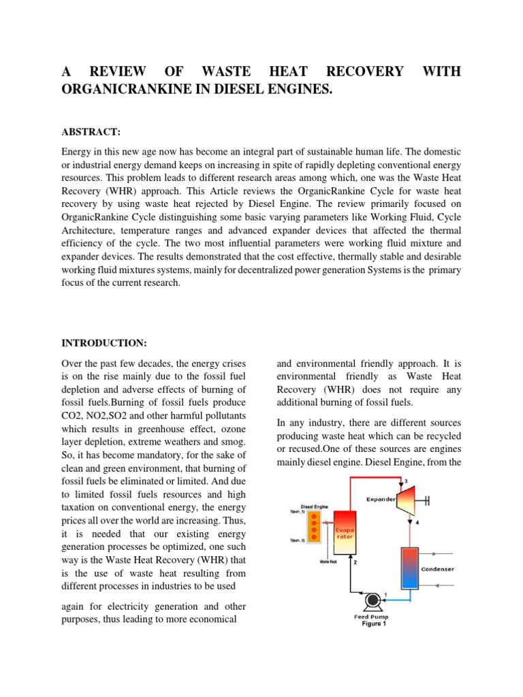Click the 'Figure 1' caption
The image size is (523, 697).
coord(372,624)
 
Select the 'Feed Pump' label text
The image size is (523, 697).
coord(371,617)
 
